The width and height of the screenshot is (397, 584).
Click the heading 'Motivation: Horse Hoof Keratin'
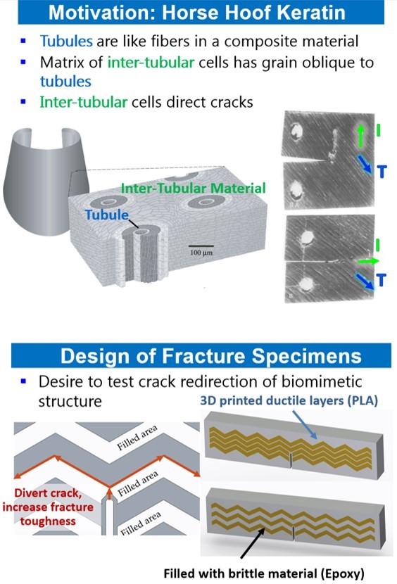click(198, 13)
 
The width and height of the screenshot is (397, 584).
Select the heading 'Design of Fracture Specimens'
click(198, 356)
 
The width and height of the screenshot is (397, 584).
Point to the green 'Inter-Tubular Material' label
click(193, 188)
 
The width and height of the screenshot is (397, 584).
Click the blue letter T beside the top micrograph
click(381, 170)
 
